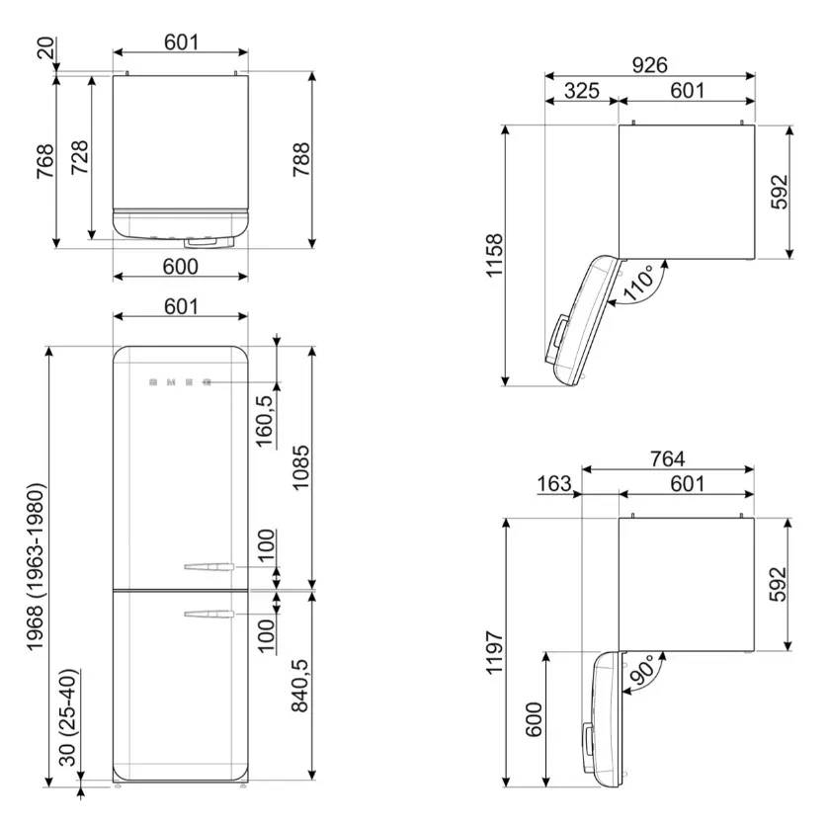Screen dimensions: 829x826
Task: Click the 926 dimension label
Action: pos(649,65)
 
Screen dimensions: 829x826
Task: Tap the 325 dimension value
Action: pos(581,91)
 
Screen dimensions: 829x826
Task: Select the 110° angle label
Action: pos(639,283)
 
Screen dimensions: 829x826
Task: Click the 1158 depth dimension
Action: pos(494,255)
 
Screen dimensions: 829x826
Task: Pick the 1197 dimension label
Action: pos(494,652)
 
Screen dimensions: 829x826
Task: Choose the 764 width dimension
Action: pos(667,458)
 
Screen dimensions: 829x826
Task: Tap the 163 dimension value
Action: pos(554,483)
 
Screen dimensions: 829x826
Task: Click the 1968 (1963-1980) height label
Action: pos(36,566)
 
